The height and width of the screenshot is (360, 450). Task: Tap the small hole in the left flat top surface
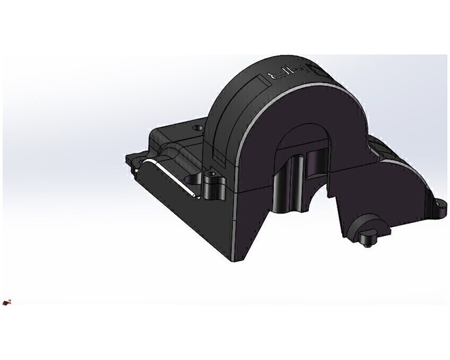198,127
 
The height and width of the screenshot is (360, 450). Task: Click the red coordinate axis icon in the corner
6,301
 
